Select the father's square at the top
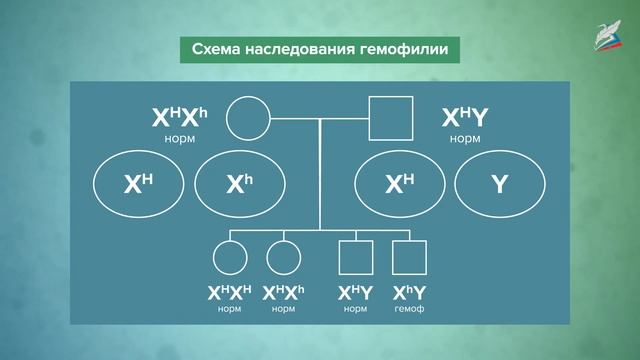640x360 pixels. (x=391, y=119)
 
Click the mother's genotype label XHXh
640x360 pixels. (x=180, y=119)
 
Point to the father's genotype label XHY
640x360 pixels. (x=465, y=119)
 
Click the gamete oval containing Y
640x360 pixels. (x=500, y=184)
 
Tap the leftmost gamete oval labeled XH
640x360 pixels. (x=138, y=184)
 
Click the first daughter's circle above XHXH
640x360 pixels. (x=230, y=258)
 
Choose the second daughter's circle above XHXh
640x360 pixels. (x=284, y=258)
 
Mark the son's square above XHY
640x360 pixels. (x=355, y=258)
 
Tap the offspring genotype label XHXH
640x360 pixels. (x=230, y=294)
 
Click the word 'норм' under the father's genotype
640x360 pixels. (x=465, y=138)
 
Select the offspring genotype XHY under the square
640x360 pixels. (x=355, y=294)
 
